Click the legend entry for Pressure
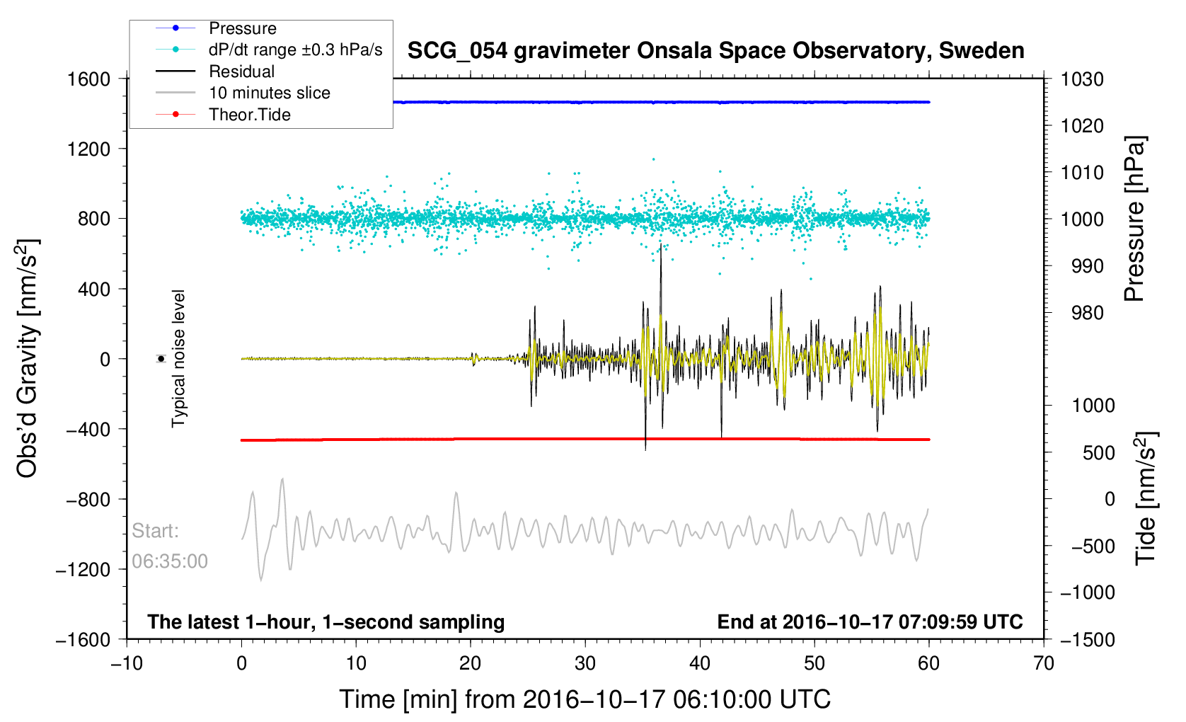pyautogui.click(x=242, y=28)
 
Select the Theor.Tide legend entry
pyautogui.click(x=249, y=115)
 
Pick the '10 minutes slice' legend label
pyautogui.click(x=269, y=93)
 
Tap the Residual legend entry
pyautogui.click(x=241, y=71)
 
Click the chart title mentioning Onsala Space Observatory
pyautogui.click(x=715, y=51)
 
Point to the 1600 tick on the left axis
pyautogui.click(x=88, y=79)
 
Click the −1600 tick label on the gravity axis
pyautogui.click(x=84, y=640)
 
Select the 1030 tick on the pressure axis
pyautogui.click(x=1082, y=79)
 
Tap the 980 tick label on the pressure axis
pyautogui.click(x=1082, y=313)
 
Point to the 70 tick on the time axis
pyautogui.click(x=1043, y=664)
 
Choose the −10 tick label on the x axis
pyautogui.click(x=127, y=664)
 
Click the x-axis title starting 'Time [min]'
pyautogui.click(x=585, y=699)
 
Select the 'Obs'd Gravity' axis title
pyautogui.click(x=28, y=358)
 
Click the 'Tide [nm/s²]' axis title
pyautogui.click(x=1145, y=498)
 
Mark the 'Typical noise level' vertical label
pyautogui.click(x=178, y=358)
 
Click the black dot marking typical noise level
pyautogui.click(x=161, y=359)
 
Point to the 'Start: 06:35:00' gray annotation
pyautogui.click(x=170, y=546)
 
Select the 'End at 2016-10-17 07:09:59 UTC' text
pyautogui.click(x=870, y=622)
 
